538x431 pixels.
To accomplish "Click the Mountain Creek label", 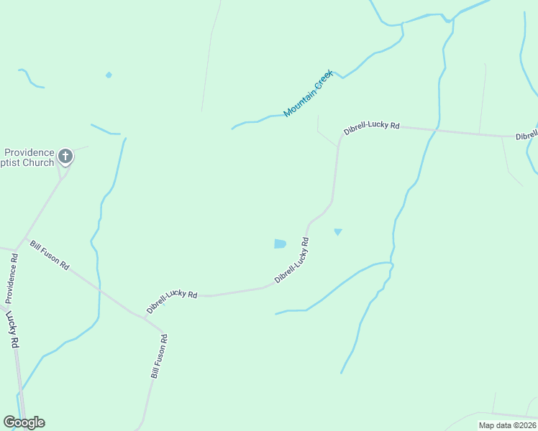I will tap(309, 93).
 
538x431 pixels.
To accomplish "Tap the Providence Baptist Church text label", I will tap(29, 157).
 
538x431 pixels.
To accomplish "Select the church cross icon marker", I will tap(65, 156).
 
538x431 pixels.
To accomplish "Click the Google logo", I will tap(24, 422).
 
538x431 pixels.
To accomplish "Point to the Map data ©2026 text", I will tap(507, 425).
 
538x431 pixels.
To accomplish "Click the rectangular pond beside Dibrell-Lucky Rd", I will tap(280, 244).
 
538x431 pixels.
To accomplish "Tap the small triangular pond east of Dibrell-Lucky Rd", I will tap(337, 231).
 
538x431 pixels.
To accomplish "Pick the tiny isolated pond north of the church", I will tap(109, 75).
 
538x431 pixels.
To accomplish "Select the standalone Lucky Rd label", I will tap(12, 329).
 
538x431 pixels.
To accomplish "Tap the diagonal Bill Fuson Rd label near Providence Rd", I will tap(50, 255).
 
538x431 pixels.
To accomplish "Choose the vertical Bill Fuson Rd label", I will tap(159, 356).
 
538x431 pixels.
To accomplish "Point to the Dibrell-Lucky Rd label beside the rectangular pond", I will tap(292, 259).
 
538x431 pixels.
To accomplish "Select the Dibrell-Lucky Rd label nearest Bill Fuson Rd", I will tap(172, 301).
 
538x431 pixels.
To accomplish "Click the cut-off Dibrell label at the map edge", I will tap(526, 136).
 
